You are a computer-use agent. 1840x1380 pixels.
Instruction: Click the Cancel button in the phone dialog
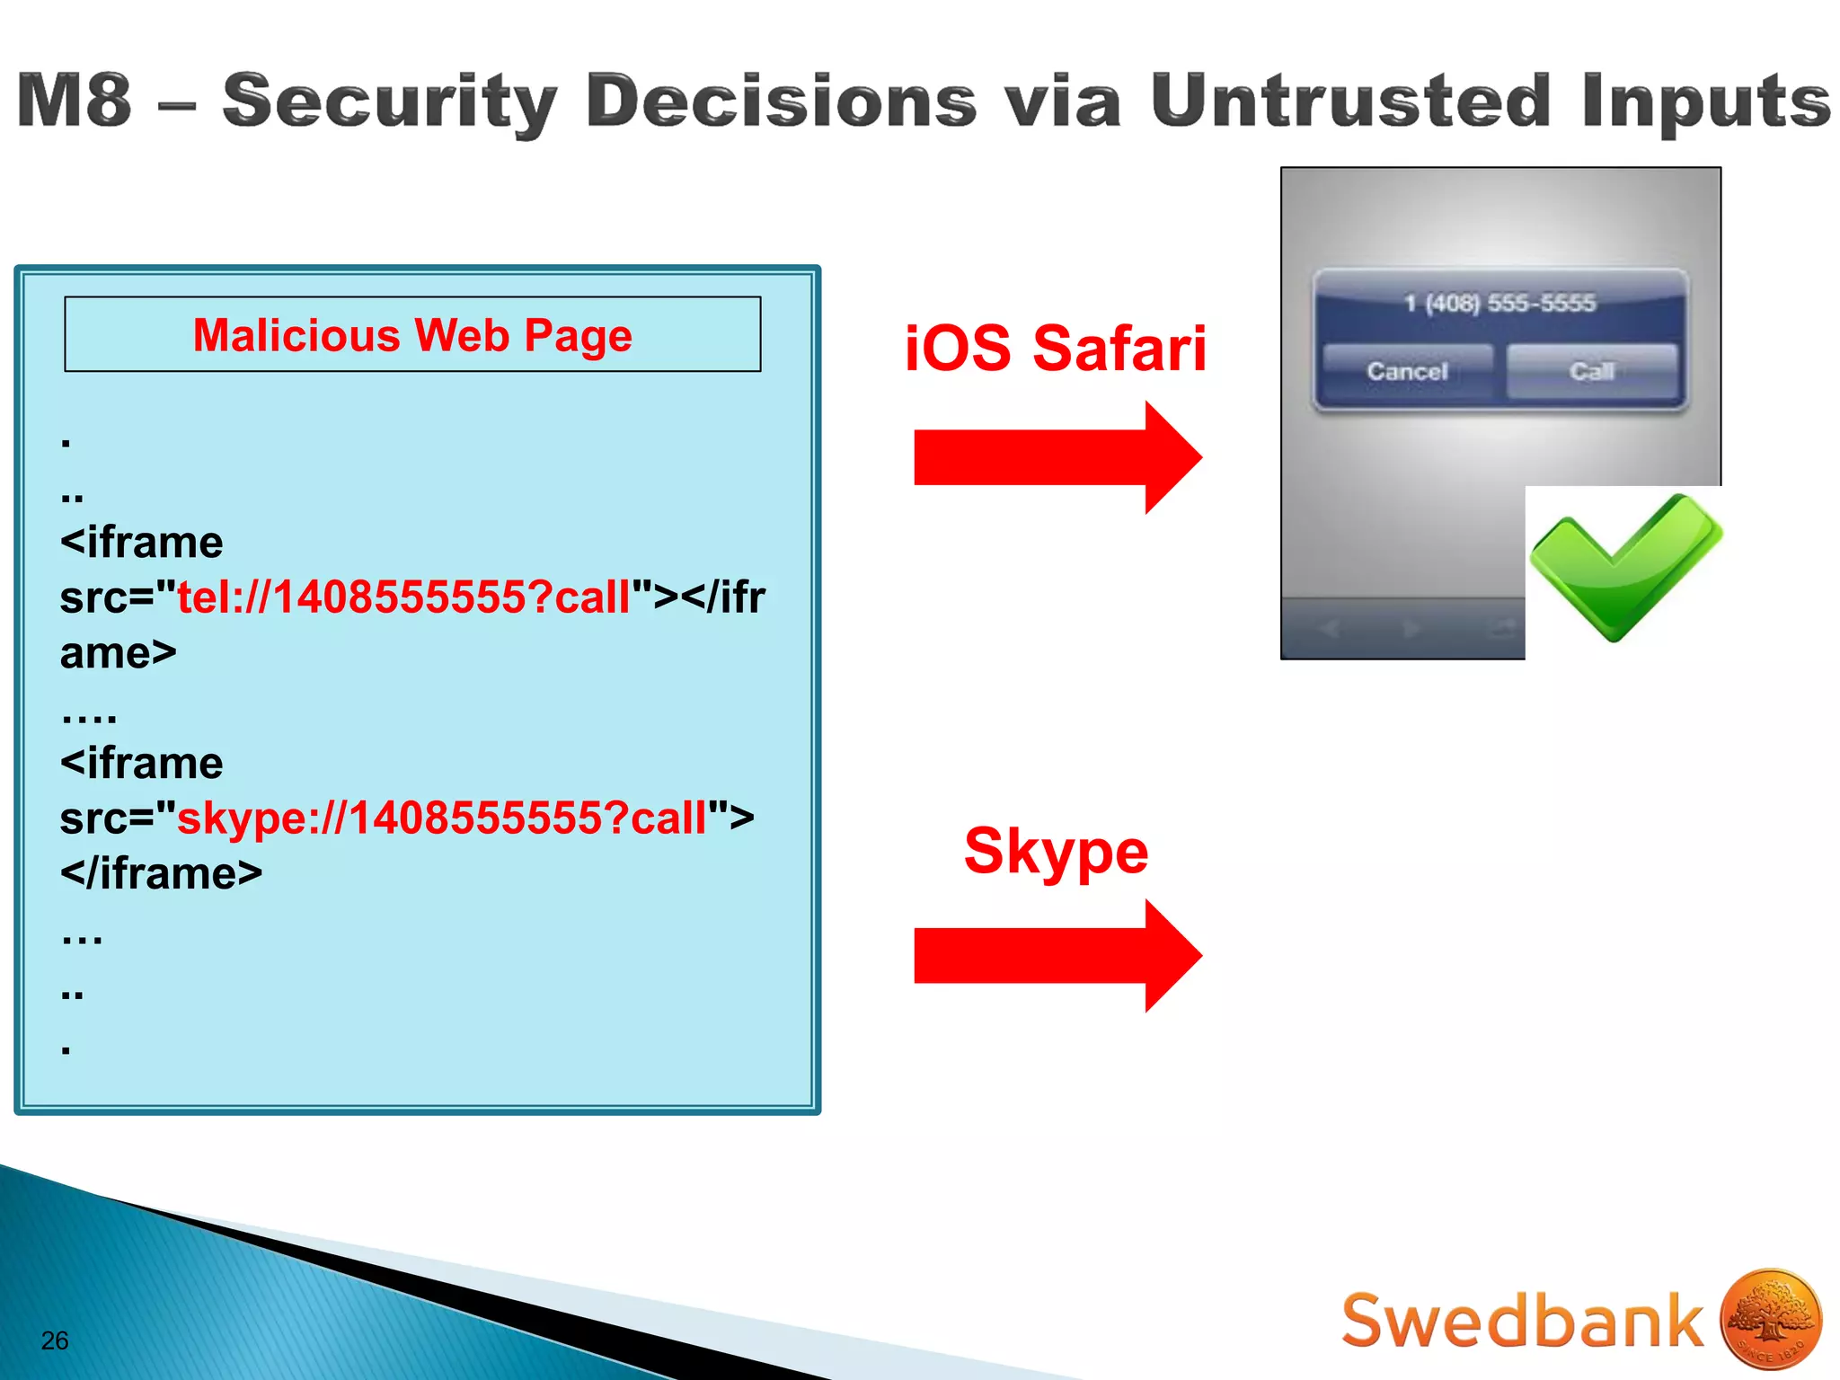coord(1407,371)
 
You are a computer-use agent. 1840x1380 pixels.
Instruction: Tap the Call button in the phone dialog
coord(1591,371)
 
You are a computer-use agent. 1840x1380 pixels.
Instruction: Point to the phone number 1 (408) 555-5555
coord(1499,303)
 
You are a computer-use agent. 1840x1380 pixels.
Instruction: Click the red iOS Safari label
coord(1056,349)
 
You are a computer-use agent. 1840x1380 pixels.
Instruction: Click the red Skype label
coord(1056,850)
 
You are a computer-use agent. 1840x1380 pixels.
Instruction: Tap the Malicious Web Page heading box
coord(412,334)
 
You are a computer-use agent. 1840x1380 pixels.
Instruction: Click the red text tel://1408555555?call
coord(404,597)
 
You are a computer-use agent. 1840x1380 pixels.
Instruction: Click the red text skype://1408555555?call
coord(442,818)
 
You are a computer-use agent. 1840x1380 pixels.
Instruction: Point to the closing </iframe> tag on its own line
coord(162,873)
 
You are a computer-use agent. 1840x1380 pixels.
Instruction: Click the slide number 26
coord(55,1340)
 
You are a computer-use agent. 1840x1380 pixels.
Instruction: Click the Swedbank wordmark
coord(1522,1321)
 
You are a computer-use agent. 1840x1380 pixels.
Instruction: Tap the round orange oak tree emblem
coord(1771,1319)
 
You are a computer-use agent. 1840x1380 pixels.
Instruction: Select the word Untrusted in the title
coord(1350,101)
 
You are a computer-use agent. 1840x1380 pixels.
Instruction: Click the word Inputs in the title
coord(1705,101)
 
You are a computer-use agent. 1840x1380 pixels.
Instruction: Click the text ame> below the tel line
coord(119,653)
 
